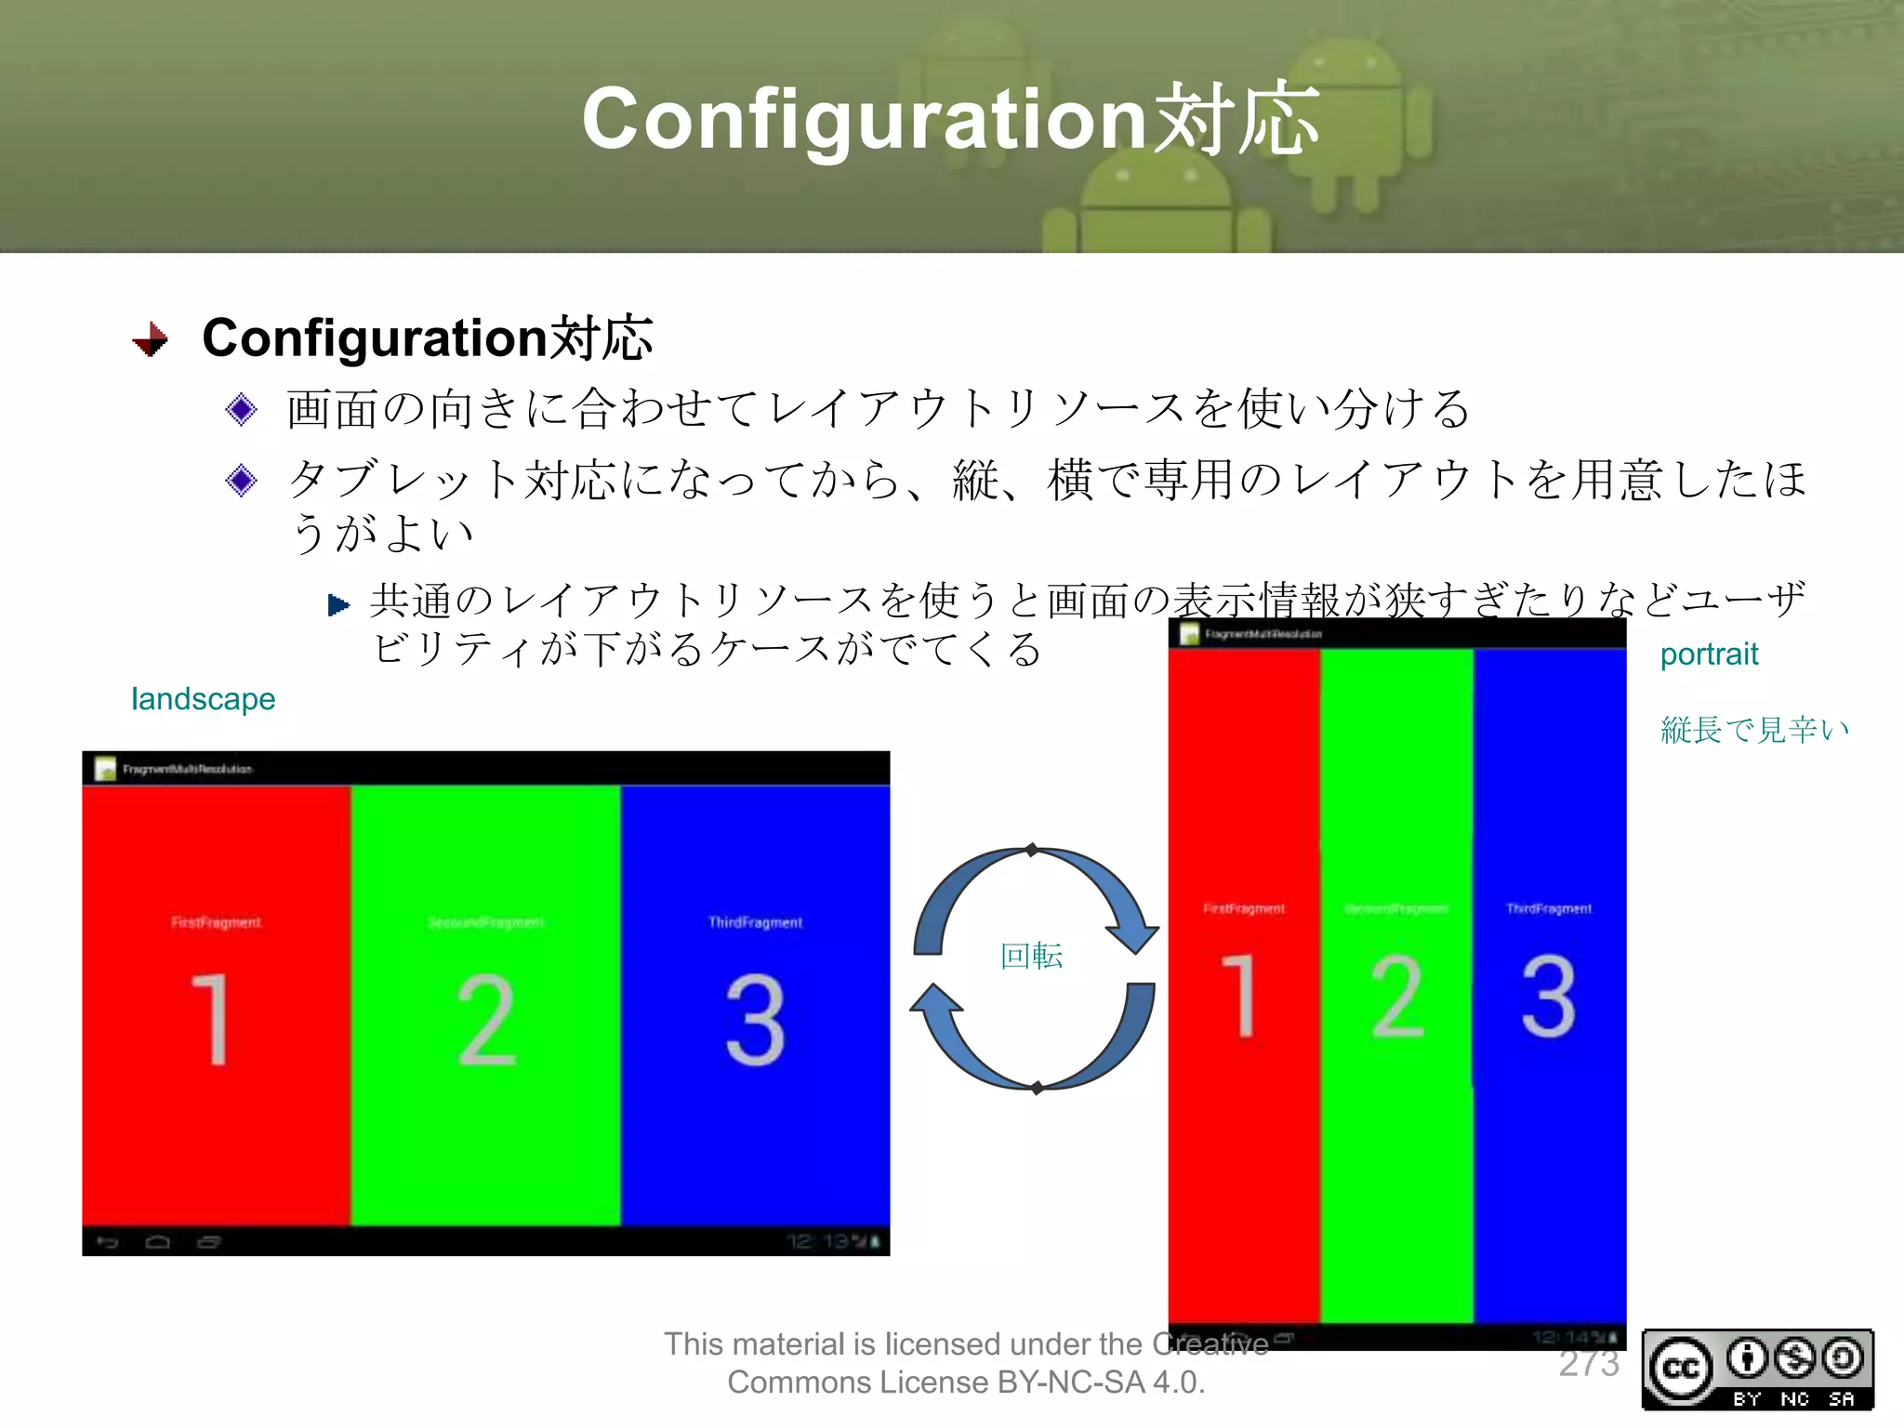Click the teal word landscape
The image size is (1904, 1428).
coord(203,698)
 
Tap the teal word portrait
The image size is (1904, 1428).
coord(1709,654)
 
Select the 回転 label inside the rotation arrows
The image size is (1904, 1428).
coord(1031,956)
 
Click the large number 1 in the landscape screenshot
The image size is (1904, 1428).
coord(212,1019)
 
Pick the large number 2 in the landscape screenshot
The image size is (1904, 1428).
coord(485,1019)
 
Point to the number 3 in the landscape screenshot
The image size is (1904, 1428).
coord(755,1019)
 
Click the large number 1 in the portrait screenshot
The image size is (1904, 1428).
coord(1240,995)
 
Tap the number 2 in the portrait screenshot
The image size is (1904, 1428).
coord(1397,995)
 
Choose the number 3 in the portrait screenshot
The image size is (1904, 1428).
coord(1549,995)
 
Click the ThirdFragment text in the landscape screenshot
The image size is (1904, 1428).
coord(755,922)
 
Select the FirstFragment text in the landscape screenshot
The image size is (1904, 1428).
coord(216,922)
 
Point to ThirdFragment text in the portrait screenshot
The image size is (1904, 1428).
coord(1549,908)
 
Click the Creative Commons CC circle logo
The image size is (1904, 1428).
coord(1680,1368)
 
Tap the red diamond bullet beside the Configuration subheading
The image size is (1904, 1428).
coord(151,339)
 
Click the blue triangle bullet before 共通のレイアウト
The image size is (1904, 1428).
coord(338,606)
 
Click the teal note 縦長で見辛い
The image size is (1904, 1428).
coord(1754,730)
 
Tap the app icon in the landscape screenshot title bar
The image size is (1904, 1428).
coord(106,769)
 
